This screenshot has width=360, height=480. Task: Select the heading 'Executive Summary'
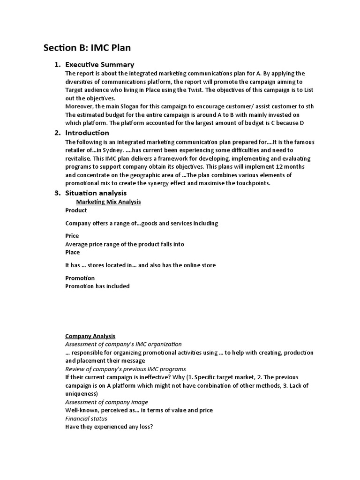point(99,65)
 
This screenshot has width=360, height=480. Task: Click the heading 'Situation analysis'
point(96,193)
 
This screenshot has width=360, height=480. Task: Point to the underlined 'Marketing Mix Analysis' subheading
point(108,202)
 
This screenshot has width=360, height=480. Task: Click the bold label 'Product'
point(76,210)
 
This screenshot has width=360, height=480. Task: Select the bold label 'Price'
point(72,236)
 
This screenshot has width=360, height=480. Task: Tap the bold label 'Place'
point(72,252)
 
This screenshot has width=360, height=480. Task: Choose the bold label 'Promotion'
point(80,278)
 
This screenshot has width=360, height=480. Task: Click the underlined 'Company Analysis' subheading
point(90,336)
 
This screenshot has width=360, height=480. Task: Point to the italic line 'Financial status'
point(86,419)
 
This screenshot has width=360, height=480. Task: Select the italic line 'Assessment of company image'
point(106,402)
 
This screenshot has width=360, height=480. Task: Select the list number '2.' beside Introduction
point(57,133)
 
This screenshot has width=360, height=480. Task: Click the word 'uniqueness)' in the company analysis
point(82,394)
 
